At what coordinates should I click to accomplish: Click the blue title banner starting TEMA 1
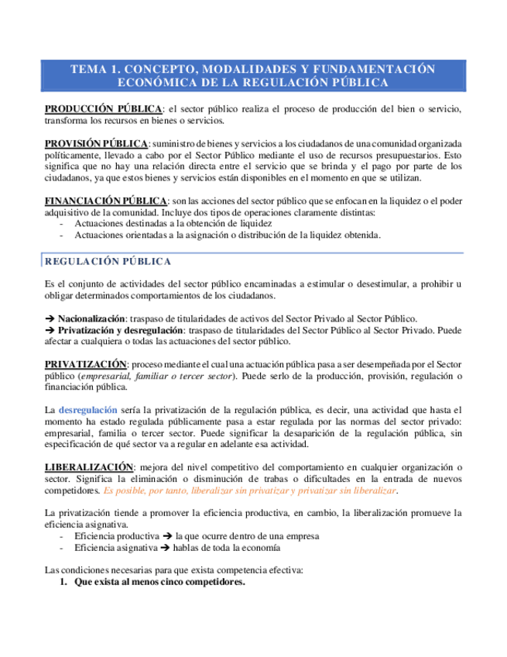(x=253, y=75)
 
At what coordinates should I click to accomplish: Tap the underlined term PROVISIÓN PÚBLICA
(x=96, y=144)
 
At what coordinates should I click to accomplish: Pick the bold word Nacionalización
(x=91, y=318)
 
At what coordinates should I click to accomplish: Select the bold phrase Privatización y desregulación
(x=122, y=329)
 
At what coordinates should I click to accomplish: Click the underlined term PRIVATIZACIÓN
(x=85, y=363)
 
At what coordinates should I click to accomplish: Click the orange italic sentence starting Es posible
(x=251, y=491)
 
